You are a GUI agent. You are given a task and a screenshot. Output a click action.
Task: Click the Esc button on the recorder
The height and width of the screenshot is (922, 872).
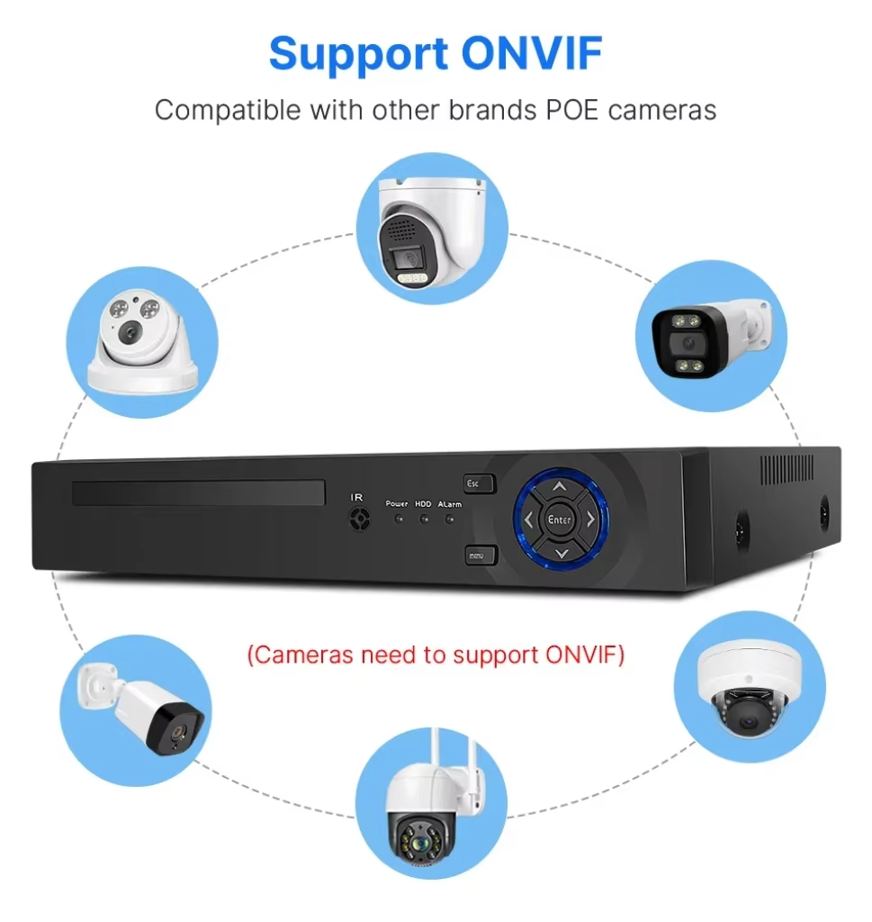tap(479, 484)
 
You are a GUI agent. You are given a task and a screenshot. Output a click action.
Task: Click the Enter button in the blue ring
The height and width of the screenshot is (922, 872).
tap(559, 520)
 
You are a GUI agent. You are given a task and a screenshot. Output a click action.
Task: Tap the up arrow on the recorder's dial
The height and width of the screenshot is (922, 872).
tap(559, 487)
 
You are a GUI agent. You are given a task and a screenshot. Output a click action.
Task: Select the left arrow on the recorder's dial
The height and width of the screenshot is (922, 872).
tap(527, 520)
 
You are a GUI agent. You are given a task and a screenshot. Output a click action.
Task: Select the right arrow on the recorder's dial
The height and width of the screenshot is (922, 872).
tap(591, 520)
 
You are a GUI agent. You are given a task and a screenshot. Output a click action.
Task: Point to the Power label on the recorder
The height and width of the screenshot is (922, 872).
tap(397, 504)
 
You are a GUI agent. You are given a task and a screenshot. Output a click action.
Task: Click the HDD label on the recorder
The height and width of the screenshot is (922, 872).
tap(423, 504)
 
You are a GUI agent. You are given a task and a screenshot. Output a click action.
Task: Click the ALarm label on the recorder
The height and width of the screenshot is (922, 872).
tap(450, 504)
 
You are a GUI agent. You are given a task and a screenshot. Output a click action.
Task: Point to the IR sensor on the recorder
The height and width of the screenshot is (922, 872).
tap(359, 519)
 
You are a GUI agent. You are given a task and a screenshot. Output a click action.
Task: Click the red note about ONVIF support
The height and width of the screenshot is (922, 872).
tap(436, 655)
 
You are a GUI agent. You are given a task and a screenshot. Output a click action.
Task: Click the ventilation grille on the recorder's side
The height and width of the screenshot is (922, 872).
tap(787, 469)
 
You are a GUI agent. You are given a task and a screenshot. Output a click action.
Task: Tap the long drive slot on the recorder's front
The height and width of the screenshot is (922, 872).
tap(198, 493)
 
